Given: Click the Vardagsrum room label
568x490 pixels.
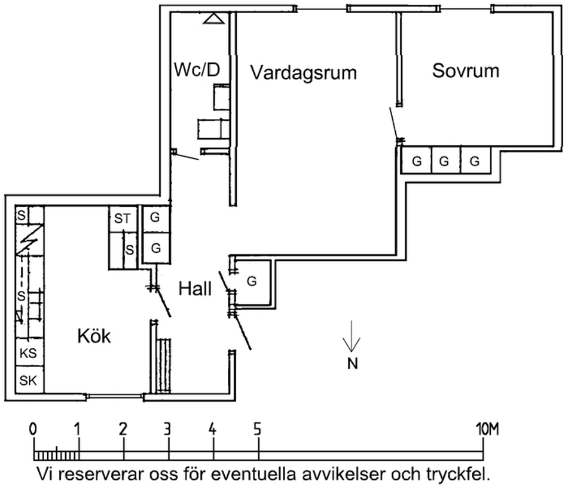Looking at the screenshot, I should pos(303,73).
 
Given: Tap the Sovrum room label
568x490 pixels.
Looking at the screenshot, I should pos(466,71).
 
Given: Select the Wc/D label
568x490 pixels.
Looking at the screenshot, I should pos(197,70).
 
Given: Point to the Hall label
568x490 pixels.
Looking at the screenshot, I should pos(195,290).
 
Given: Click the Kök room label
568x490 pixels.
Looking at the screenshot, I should pos(94,336).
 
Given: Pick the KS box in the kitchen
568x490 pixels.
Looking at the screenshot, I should pos(28,353).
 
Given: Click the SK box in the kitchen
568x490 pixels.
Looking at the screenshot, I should pos(28,380).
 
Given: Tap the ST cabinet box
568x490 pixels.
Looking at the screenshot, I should pos(122,219).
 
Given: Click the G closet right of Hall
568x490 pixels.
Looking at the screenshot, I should pos(252,280).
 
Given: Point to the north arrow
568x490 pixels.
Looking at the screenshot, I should pos(352,338).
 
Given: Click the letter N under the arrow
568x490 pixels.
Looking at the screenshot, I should pos(352,363).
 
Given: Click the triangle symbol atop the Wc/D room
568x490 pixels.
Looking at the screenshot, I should pos(213,19).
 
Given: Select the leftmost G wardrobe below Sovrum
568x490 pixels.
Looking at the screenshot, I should pos(417,161).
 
